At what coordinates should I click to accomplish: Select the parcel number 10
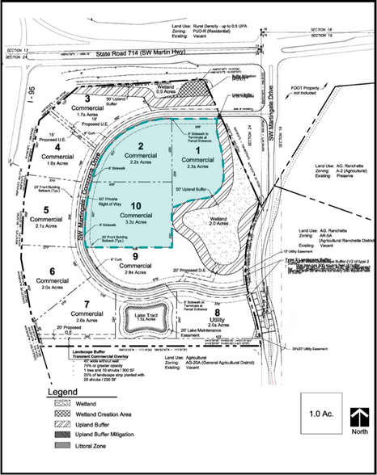tap(134, 208)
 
